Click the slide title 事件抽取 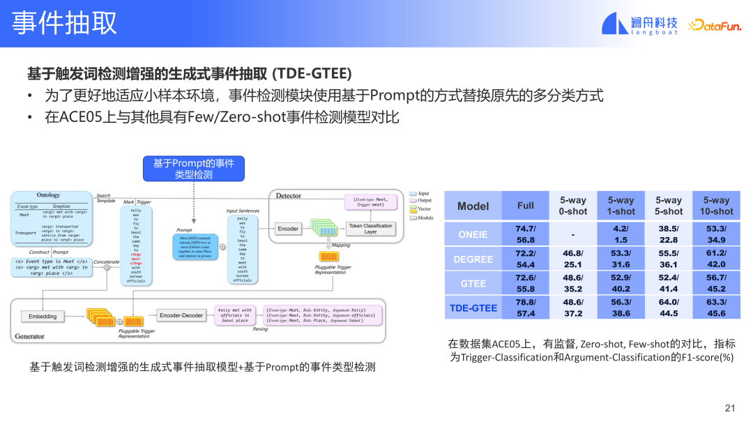point(64,23)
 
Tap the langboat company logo point(639,24)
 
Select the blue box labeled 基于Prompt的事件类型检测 point(193,168)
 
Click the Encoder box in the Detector point(288,229)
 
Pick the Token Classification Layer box point(370,229)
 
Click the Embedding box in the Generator point(43,317)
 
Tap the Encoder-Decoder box point(181,316)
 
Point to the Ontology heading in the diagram point(48,195)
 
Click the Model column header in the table point(473,206)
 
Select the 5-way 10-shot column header point(715,206)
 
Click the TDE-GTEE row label point(473,308)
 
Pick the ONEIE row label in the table point(473,235)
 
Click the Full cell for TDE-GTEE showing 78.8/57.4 point(526,308)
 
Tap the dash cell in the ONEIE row point(572,235)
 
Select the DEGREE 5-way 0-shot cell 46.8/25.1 point(572,259)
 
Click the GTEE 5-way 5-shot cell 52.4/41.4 point(668,283)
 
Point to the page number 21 point(730,408)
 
